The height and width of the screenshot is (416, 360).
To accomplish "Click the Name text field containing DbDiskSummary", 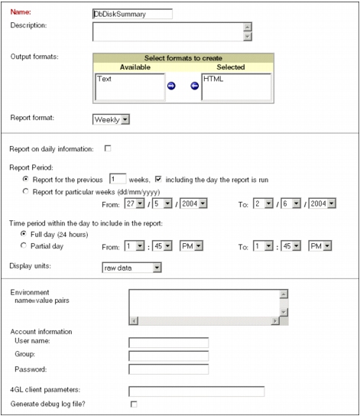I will [131, 13].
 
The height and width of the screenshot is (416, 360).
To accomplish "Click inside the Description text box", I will [167, 31].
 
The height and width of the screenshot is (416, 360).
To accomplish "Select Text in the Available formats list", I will [105, 79].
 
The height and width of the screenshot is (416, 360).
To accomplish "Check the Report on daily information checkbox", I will [108, 148].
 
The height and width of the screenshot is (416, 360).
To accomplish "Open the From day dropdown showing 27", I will [134, 205].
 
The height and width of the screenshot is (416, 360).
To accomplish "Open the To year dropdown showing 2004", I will [319, 205].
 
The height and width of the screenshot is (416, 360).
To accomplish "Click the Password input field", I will [168, 370].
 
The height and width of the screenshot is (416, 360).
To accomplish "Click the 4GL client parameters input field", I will [196, 392].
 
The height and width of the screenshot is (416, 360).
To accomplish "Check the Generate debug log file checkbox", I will [133, 404].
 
